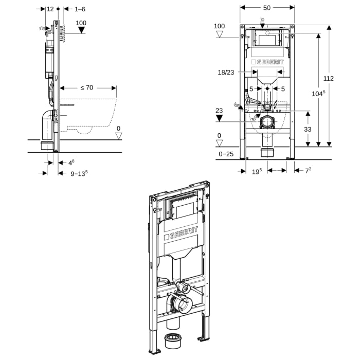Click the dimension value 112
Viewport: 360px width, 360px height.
pyautogui.click(x=329, y=79)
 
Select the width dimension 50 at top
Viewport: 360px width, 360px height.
pyautogui.click(x=267, y=8)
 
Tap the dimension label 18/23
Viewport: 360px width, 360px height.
pyautogui.click(x=226, y=73)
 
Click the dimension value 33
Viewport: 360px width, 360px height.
pyautogui.click(x=308, y=129)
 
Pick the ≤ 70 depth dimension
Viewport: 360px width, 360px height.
pyautogui.click(x=86, y=87)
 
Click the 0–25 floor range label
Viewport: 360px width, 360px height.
pyautogui.click(x=226, y=154)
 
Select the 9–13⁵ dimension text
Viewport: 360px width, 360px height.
pyautogui.click(x=79, y=173)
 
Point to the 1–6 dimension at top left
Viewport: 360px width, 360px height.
pyautogui.click(x=80, y=9)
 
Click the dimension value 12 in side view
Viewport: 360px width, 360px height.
pyautogui.click(x=50, y=9)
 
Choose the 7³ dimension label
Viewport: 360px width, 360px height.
pyautogui.click(x=309, y=170)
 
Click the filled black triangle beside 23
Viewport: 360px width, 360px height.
pyautogui.click(x=220, y=118)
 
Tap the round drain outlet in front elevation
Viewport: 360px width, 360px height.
pyautogui.click(x=267, y=122)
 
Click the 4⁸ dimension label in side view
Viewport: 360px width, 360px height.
pyautogui.click(x=71, y=163)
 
